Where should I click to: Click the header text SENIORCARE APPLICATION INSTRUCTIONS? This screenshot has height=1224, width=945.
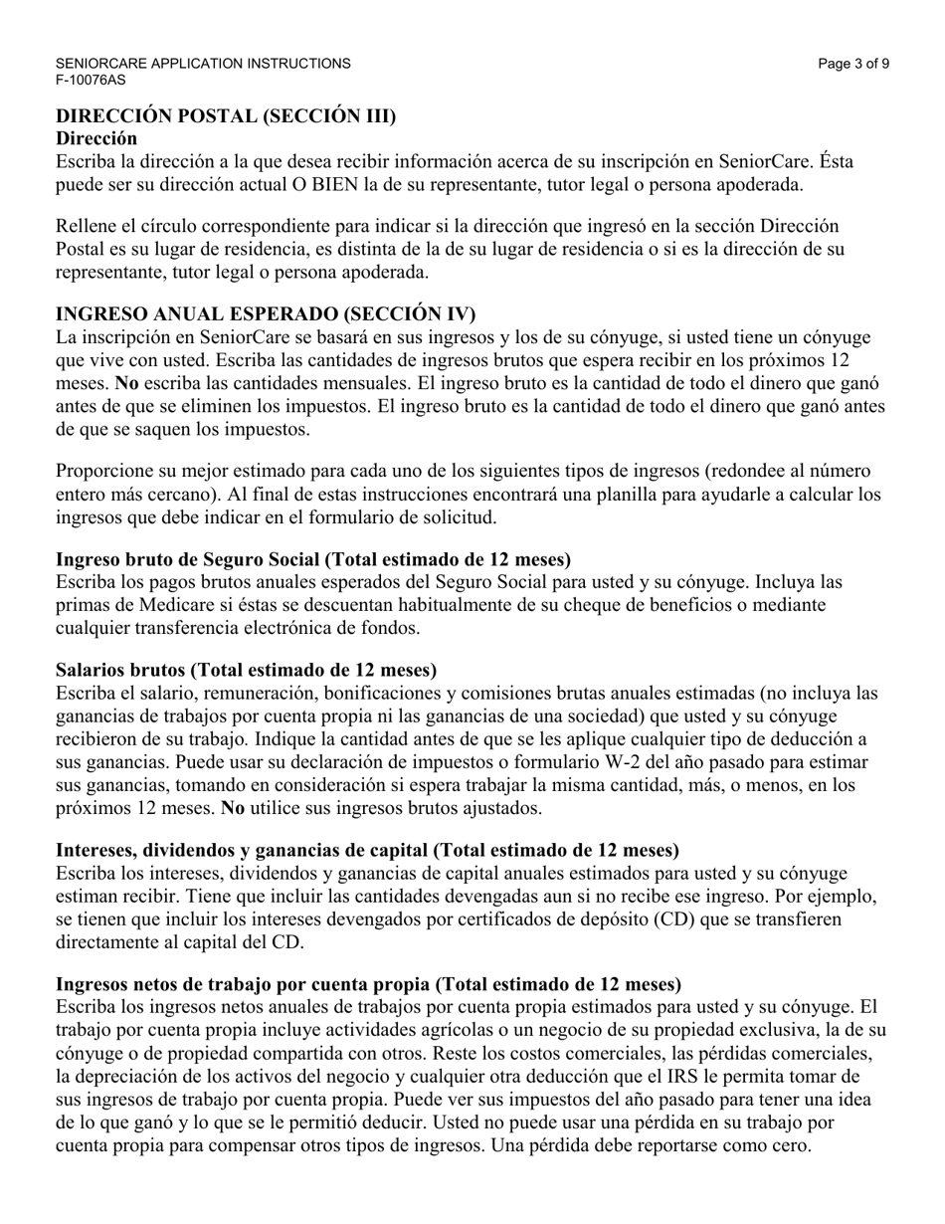click(203, 64)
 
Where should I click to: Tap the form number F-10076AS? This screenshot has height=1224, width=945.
click(91, 80)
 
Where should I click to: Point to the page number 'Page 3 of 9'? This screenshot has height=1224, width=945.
click(853, 64)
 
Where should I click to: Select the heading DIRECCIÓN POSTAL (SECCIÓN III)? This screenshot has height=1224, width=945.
click(226, 116)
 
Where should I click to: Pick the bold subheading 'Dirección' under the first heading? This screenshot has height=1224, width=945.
click(96, 138)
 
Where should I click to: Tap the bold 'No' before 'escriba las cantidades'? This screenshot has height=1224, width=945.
click(127, 383)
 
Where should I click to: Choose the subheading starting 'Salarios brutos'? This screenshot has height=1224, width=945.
click(247, 670)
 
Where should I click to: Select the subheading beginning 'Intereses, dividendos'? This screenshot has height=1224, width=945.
click(368, 850)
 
